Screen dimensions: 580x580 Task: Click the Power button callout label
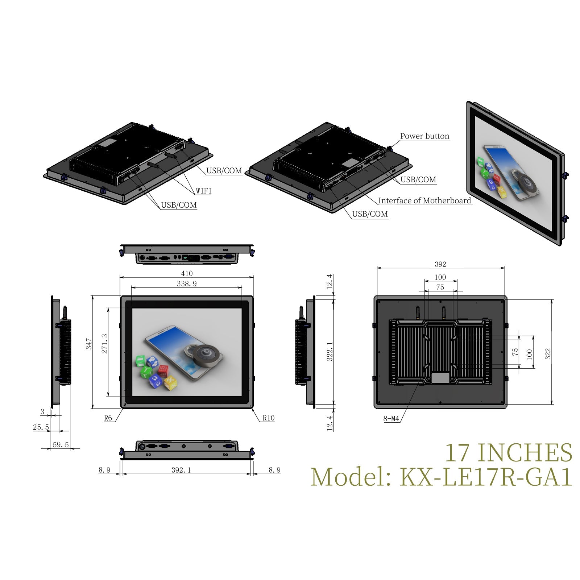coord(424,136)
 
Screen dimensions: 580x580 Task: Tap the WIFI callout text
coord(203,191)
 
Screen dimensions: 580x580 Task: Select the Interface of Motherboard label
coord(424,200)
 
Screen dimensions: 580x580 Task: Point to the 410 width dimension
coord(187,273)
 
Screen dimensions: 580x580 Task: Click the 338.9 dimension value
coord(187,283)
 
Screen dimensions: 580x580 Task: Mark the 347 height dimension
coord(89,344)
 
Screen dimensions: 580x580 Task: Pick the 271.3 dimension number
coord(105,344)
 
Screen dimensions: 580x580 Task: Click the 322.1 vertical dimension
coord(330,351)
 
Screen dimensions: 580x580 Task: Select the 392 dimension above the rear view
coord(440,264)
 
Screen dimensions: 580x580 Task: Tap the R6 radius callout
coord(108,418)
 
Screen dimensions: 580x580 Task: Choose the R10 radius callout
coord(269,418)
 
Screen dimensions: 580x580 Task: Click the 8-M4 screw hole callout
coord(391,419)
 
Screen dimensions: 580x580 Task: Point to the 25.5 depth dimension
coord(41,427)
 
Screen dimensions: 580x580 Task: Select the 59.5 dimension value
coord(61,445)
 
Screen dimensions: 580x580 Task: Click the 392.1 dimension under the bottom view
coord(181,470)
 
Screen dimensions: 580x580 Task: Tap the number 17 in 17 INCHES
coord(458,453)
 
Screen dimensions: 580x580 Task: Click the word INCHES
coord(525,453)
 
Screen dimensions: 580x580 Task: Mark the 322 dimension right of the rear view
coord(548,354)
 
